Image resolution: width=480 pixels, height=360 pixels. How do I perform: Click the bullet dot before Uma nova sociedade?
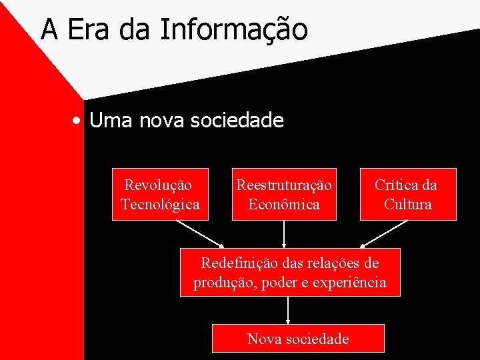(79, 121)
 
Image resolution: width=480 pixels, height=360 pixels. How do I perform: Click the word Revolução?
(158, 185)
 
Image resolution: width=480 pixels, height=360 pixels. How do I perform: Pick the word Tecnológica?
(160, 204)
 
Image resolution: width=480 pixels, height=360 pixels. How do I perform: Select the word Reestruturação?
(284, 185)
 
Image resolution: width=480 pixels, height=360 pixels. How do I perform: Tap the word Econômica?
(284, 204)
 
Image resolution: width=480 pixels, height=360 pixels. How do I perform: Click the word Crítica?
(397, 185)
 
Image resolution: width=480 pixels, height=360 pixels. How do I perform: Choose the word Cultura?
(408, 204)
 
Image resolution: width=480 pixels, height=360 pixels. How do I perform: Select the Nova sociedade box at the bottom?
(298, 338)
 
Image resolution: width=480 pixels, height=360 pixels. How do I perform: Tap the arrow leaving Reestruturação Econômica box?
(285, 233)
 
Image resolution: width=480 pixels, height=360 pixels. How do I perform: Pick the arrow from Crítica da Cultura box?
(384, 233)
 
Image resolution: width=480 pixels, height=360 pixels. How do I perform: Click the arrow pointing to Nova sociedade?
(288, 310)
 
